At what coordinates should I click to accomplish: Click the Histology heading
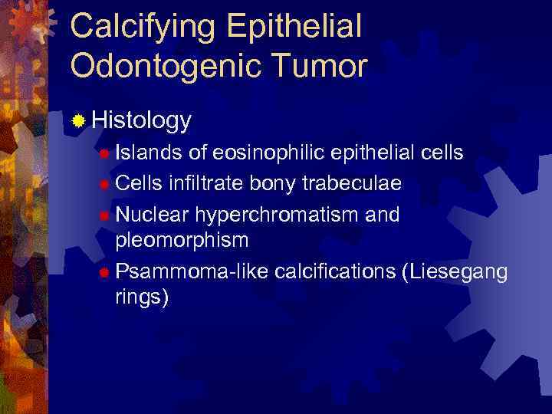coord(141,120)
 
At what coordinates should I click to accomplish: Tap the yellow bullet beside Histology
coord(78,120)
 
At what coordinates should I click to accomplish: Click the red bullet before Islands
coord(104,153)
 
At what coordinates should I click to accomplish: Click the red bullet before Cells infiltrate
coord(104,185)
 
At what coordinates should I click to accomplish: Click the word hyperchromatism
coord(275,215)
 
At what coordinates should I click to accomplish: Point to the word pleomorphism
coord(182,240)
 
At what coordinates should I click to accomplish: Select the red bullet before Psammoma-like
coord(104,272)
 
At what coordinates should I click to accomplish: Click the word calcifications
coord(334,271)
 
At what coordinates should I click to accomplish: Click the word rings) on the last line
coord(141,297)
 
